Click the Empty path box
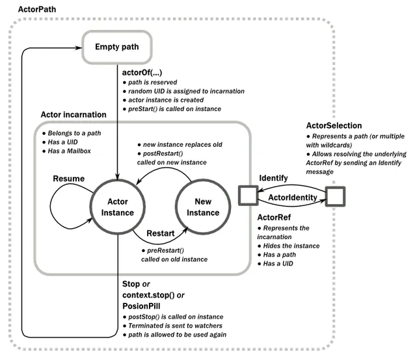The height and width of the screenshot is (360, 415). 116,47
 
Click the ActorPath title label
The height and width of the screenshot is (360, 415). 37,10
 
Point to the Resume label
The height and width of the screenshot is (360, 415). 69,179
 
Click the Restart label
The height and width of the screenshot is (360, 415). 161,233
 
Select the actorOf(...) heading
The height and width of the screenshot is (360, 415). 142,72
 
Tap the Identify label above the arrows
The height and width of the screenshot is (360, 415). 273,178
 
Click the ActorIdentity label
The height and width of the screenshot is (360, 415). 293,198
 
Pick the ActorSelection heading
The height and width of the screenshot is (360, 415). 334,125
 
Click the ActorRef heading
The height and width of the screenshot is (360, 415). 274,217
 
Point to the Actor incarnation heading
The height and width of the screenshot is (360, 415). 74,114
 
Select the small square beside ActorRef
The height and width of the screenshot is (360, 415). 248,196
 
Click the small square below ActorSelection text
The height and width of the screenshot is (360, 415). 335,196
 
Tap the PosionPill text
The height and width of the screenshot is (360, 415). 141,306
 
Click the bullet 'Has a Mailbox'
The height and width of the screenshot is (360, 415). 66,151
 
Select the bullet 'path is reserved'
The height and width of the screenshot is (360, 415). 150,83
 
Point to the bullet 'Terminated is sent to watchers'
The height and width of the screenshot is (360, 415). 172,326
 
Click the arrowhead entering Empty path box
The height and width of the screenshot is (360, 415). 79,48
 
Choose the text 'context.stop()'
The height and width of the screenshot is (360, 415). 148,295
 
